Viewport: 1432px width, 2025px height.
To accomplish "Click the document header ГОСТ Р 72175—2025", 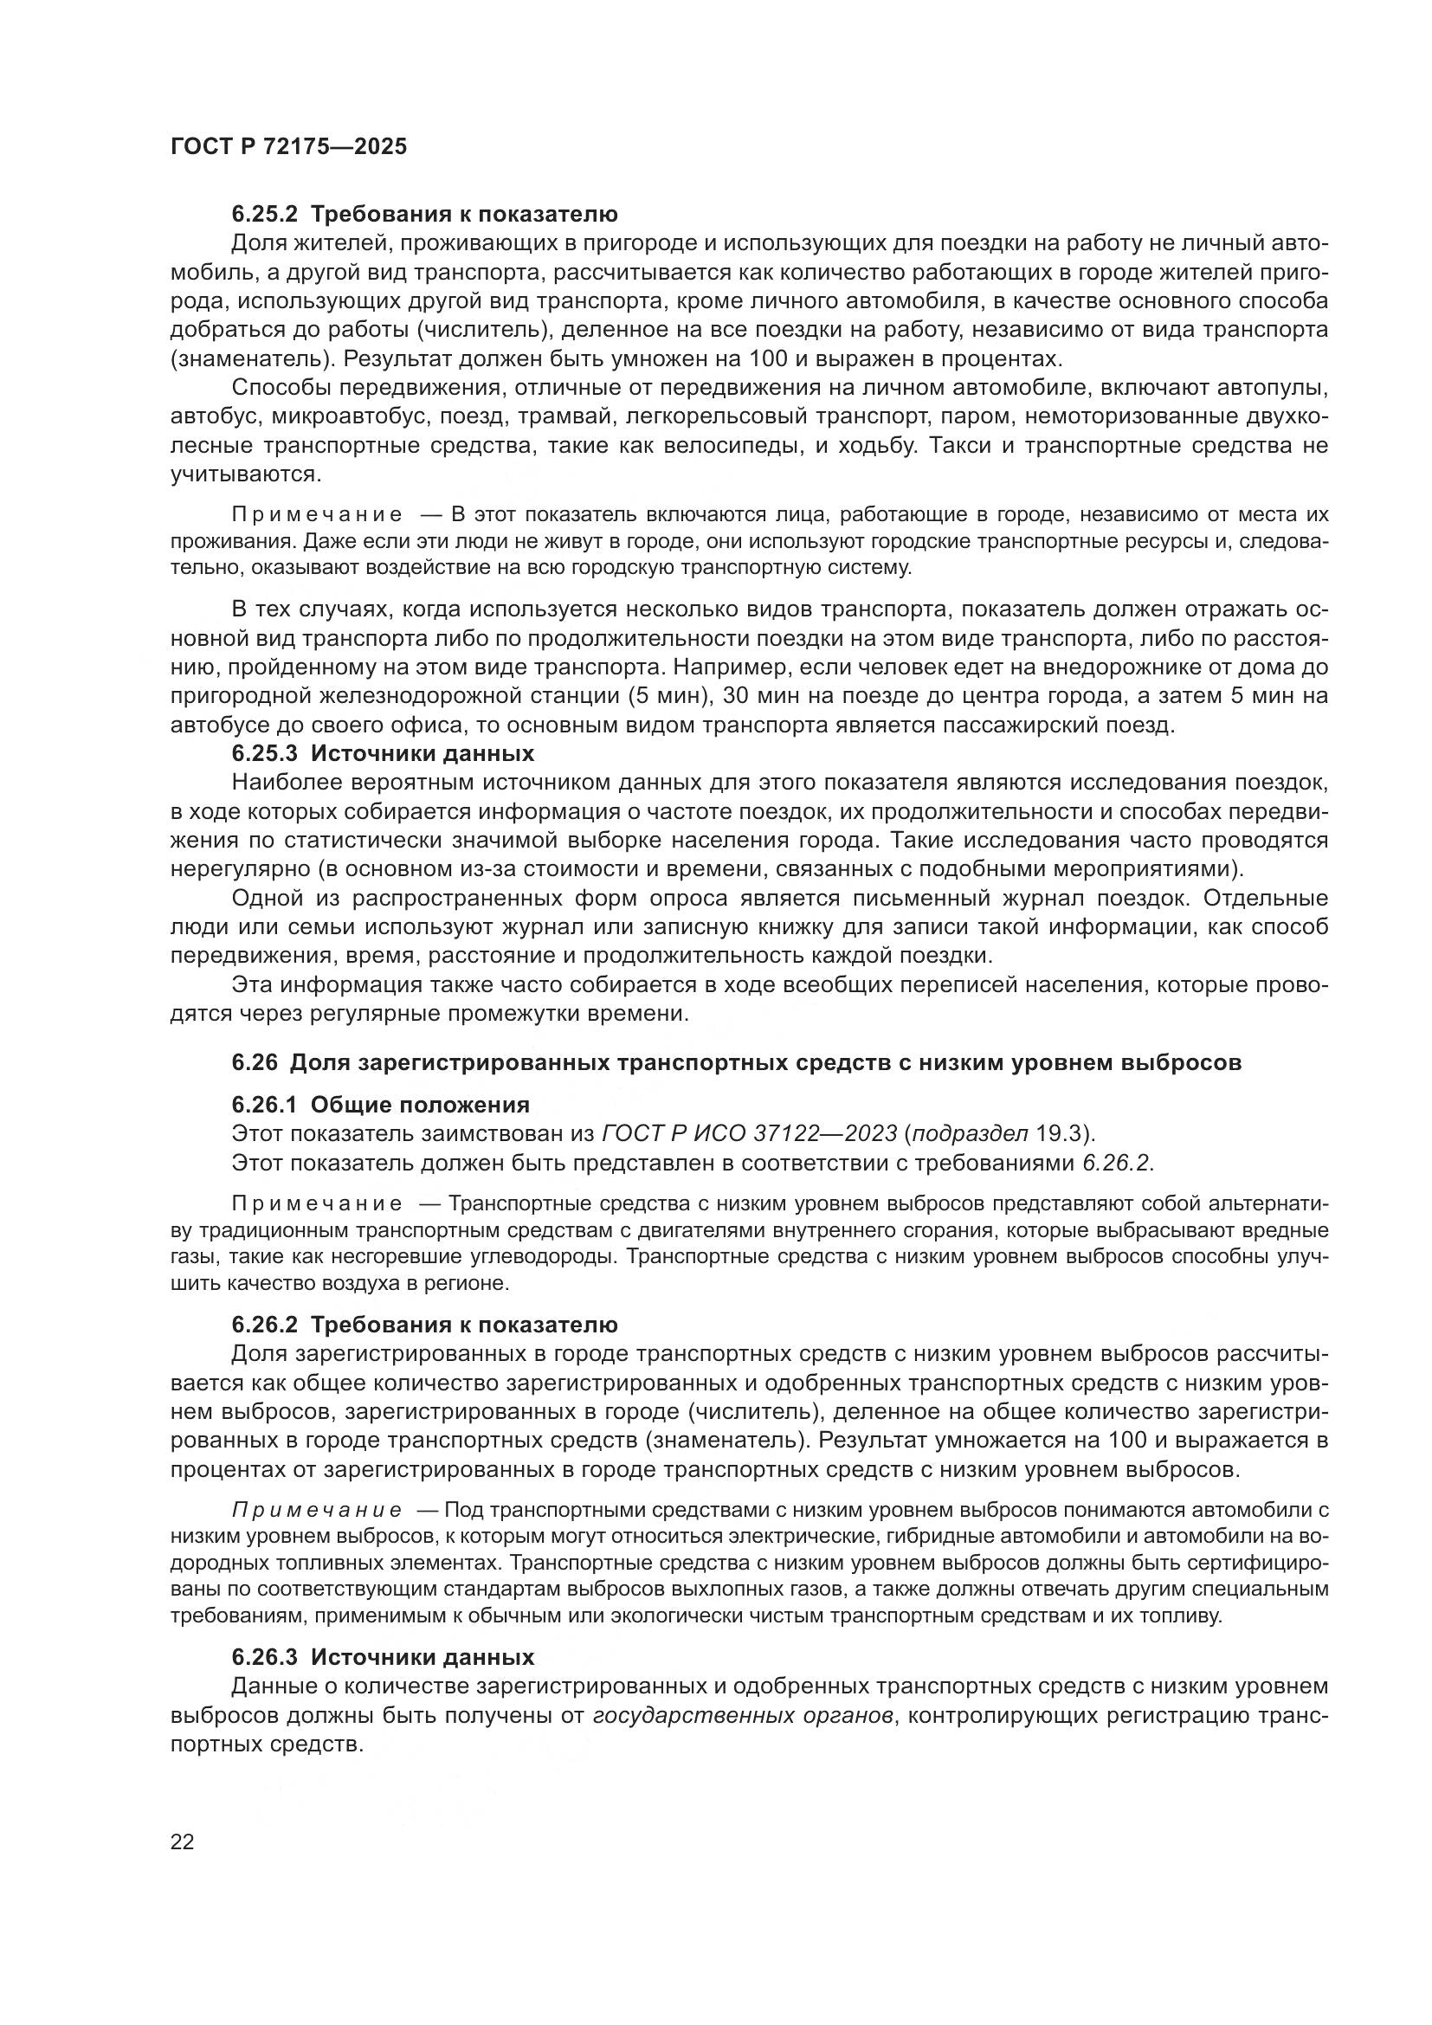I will coord(288,147).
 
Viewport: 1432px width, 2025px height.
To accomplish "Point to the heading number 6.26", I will coord(255,1063).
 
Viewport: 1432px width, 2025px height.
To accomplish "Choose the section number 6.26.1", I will coord(266,1105).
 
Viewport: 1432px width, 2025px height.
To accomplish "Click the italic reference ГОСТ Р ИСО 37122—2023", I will coord(749,1134).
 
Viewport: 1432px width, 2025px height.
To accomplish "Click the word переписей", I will coord(979,985).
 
